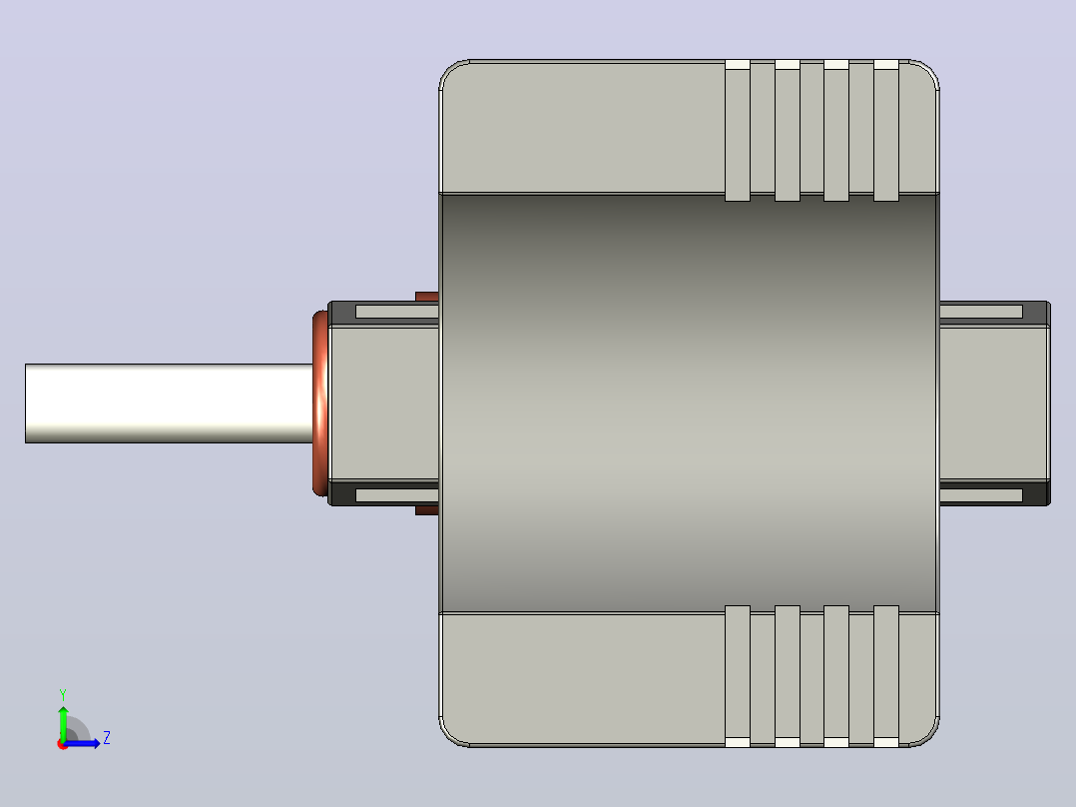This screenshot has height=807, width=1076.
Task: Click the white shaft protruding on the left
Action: pos(169,403)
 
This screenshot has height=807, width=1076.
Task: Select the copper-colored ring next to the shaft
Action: pos(320,403)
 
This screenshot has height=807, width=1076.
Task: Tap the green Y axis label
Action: pos(63,695)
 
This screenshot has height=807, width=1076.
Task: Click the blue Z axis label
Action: pos(107,738)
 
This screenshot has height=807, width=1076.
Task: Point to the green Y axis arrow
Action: pos(63,723)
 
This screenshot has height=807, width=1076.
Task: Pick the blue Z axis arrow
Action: pos(82,743)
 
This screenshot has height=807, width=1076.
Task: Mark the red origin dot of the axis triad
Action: pos(62,744)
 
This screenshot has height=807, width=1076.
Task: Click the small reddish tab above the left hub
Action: pos(427,297)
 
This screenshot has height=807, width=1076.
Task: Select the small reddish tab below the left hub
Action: pos(427,510)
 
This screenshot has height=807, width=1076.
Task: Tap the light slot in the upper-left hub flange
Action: pos(397,312)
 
